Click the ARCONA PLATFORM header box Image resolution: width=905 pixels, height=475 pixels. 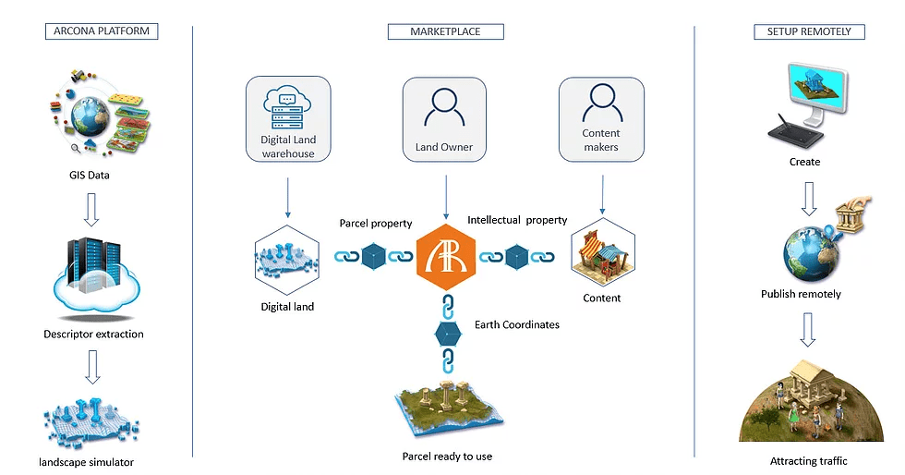[x=102, y=31]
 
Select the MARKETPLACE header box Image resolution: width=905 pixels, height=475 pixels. [x=445, y=31]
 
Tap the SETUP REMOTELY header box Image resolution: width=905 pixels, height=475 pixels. [x=809, y=31]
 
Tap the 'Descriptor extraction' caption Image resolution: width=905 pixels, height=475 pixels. [x=93, y=334]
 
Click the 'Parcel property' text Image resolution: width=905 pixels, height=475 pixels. [x=376, y=224]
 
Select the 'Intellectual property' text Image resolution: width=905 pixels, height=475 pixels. [x=517, y=221]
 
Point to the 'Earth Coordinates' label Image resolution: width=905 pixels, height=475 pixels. [x=516, y=324]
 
